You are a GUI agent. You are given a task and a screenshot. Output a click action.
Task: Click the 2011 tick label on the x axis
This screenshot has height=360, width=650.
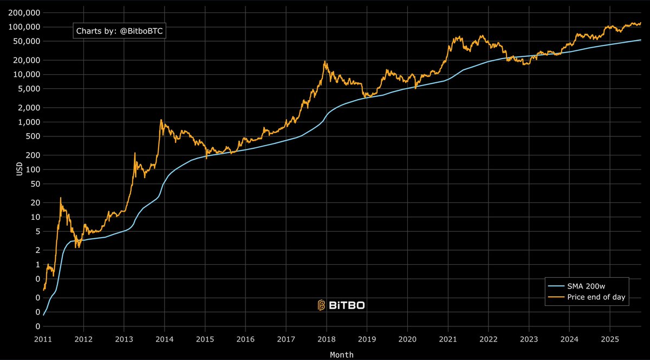tap(43, 340)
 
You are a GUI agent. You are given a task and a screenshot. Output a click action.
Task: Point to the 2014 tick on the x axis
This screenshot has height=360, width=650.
tap(165, 340)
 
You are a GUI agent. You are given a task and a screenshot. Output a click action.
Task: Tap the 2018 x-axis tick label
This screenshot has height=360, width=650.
tap(327, 340)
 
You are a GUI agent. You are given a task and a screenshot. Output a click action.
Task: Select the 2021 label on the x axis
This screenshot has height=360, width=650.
tap(448, 340)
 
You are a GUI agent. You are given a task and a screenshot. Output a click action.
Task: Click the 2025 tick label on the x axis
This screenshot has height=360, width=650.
tap(610, 340)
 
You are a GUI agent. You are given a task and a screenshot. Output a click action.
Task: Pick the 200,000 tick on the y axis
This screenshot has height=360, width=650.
tap(25, 12)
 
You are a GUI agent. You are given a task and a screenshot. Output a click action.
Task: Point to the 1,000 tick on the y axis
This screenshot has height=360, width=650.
tap(30, 122)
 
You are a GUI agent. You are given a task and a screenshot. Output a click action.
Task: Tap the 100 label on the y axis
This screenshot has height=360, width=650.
tap(34, 169)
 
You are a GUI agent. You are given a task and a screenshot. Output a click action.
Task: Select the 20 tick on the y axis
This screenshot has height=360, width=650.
tap(36, 202)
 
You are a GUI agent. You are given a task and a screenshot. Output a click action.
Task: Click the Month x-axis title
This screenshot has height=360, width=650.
tap(342, 355)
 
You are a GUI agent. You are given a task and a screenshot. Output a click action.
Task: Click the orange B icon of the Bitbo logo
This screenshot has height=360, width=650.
tap(321, 305)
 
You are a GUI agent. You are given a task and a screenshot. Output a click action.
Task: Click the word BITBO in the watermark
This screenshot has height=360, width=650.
tap(347, 305)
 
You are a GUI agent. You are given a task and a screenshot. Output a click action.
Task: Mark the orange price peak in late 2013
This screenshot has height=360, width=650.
tap(161, 120)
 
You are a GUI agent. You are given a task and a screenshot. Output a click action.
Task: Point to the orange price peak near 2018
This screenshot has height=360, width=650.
tap(325, 62)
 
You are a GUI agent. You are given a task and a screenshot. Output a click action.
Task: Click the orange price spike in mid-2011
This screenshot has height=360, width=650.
tap(61, 198)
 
